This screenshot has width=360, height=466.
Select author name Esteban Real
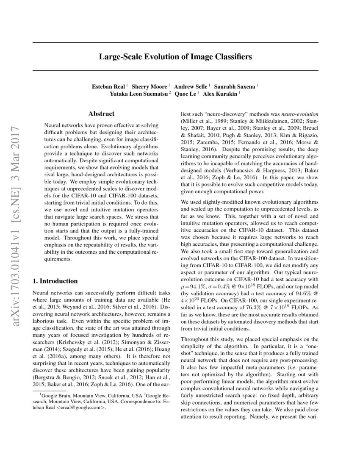108,86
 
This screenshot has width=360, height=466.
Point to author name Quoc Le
186,94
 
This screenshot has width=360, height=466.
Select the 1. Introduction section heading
55,281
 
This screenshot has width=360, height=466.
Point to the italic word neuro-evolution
299,114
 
